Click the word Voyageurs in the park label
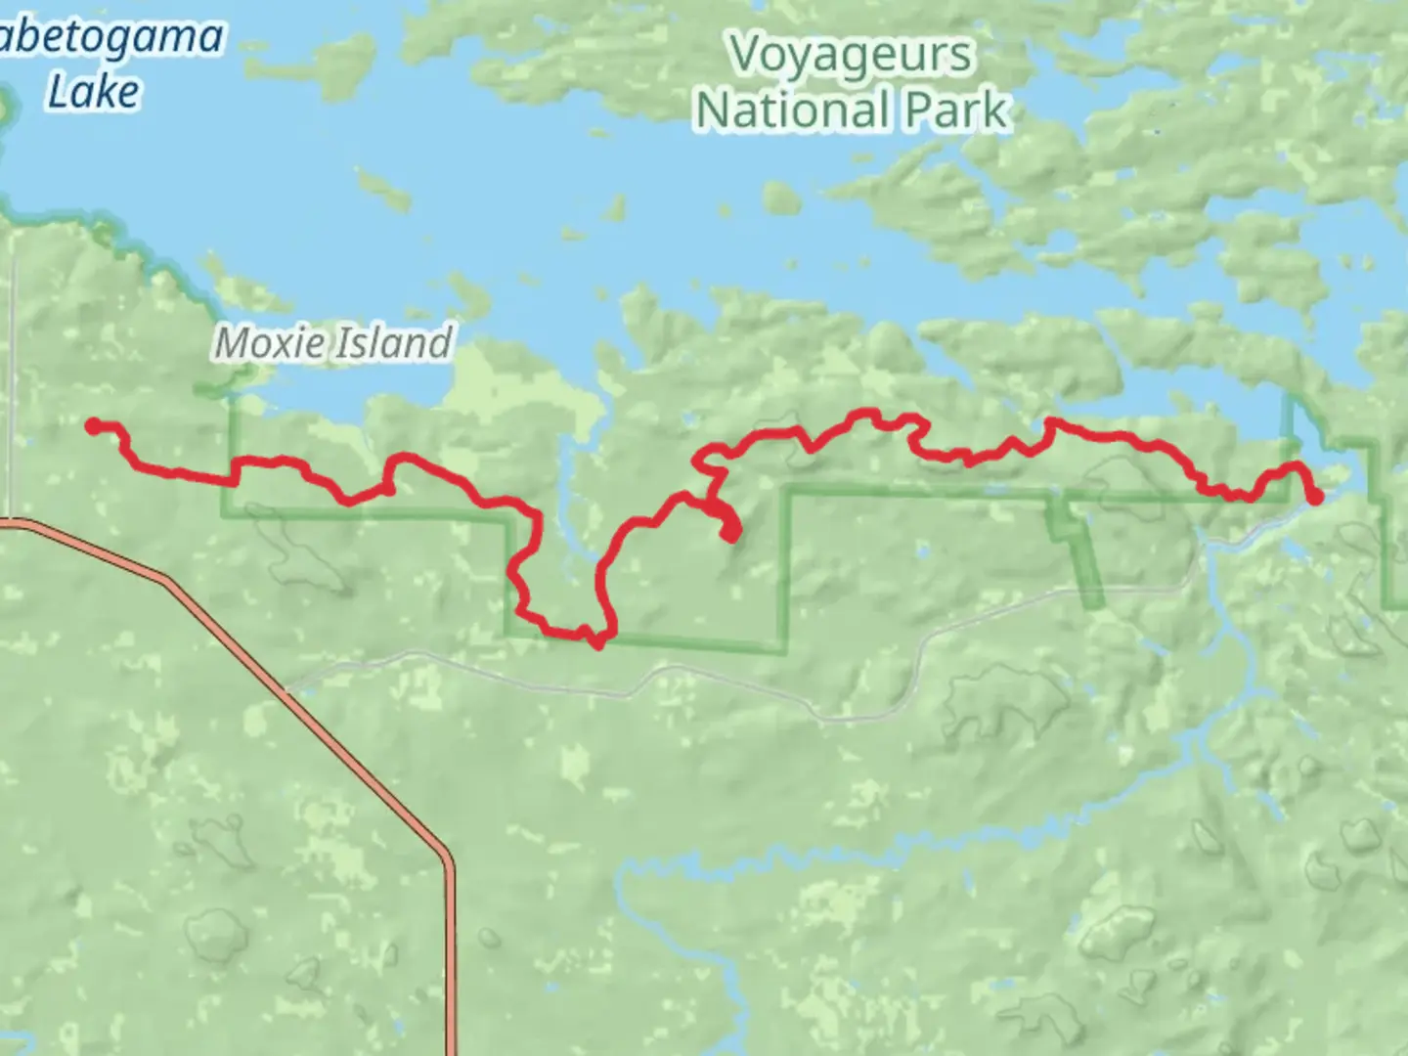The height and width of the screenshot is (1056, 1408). coord(851,55)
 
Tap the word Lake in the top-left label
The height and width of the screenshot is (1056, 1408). coord(94,92)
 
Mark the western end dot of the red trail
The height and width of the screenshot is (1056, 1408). coord(94,425)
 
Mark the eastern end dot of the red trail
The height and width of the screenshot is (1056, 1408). coord(1315,497)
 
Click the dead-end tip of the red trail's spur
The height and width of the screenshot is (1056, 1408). coord(731,534)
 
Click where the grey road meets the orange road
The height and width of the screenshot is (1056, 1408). coord(286,689)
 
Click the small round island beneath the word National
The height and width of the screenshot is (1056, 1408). coord(780,198)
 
